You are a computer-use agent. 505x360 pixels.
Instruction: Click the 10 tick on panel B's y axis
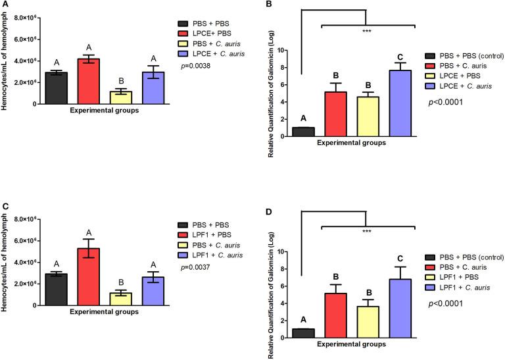tap(283, 50)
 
